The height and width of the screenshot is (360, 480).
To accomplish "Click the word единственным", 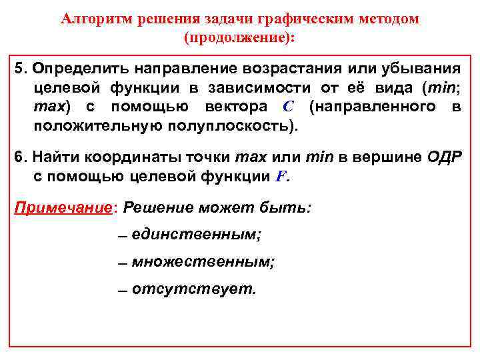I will pos(196,234).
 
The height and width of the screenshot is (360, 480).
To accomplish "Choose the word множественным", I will pos(202,262).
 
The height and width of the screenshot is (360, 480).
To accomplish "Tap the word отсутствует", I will pos(193,289).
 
